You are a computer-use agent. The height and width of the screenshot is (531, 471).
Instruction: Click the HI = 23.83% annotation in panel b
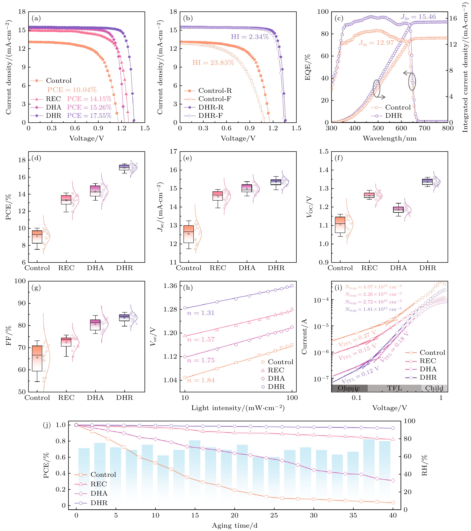pyautogui.click(x=213, y=63)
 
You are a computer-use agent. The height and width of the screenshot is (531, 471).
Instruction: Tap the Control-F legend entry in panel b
pyautogui.click(x=214, y=99)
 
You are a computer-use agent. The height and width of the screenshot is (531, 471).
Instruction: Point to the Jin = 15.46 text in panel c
pyautogui.click(x=418, y=17)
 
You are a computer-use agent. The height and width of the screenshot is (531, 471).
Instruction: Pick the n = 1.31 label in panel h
pyautogui.click(x=201, y=313)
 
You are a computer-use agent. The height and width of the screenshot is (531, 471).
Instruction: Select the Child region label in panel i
pyautogui.click(x=434, y=388)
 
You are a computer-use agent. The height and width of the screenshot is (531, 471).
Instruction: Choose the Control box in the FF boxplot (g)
pyautogui.click(x=37, y=358)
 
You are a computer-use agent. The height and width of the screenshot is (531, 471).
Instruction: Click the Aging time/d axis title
pyautogui.click(x=235, y=526)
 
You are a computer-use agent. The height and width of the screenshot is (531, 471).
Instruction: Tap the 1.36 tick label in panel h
pyautogui.click(x=170, y=286)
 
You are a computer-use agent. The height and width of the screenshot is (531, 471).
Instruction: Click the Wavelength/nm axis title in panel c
pyautogui.click(x=390, y=138)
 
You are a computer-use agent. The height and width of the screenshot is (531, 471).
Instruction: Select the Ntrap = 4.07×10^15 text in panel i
pyautogui.click(x=373, y=287)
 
